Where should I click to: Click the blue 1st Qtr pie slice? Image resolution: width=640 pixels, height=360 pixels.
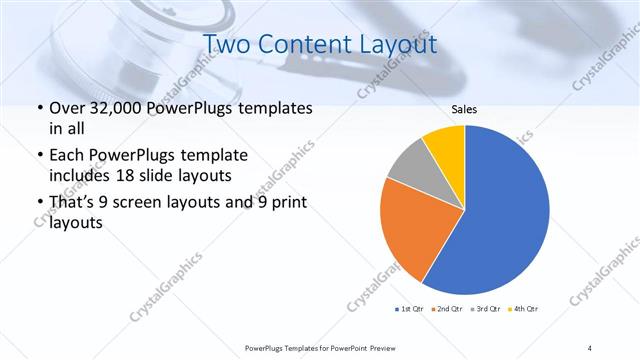pos(500,210)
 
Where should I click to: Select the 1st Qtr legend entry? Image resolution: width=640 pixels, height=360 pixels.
pos(413,308)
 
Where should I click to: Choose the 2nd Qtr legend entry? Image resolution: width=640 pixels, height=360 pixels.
pos(449,308)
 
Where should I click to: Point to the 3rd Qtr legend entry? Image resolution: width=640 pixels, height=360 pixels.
pos(487,308)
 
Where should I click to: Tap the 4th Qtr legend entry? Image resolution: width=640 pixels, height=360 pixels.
pos(524,308)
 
